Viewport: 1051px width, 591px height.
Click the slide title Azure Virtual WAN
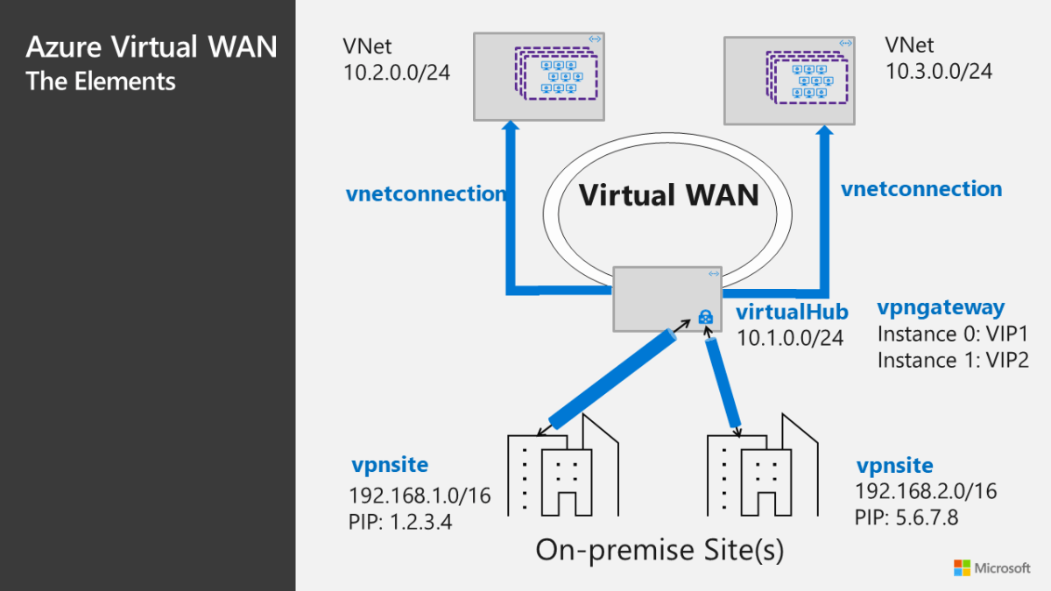click(151, 46)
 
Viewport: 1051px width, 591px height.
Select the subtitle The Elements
click(101, 81)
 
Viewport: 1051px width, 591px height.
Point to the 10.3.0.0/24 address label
click(939, 71)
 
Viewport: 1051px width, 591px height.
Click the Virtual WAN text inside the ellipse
click(667, 194)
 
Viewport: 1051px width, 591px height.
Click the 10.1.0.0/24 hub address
click(790, 337)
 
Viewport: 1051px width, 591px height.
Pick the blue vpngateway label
click(941, 307)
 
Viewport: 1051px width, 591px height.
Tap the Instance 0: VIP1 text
click(951, 334)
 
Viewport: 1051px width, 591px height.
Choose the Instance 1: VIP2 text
click(952, 360)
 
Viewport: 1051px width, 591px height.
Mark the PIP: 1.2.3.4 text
click(407, 524)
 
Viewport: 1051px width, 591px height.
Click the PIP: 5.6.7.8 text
click(906, 517)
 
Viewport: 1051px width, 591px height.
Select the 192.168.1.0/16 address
click(420, 496)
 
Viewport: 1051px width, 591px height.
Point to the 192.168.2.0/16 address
click(926, 491)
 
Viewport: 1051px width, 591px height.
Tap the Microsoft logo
click(991, 567)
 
